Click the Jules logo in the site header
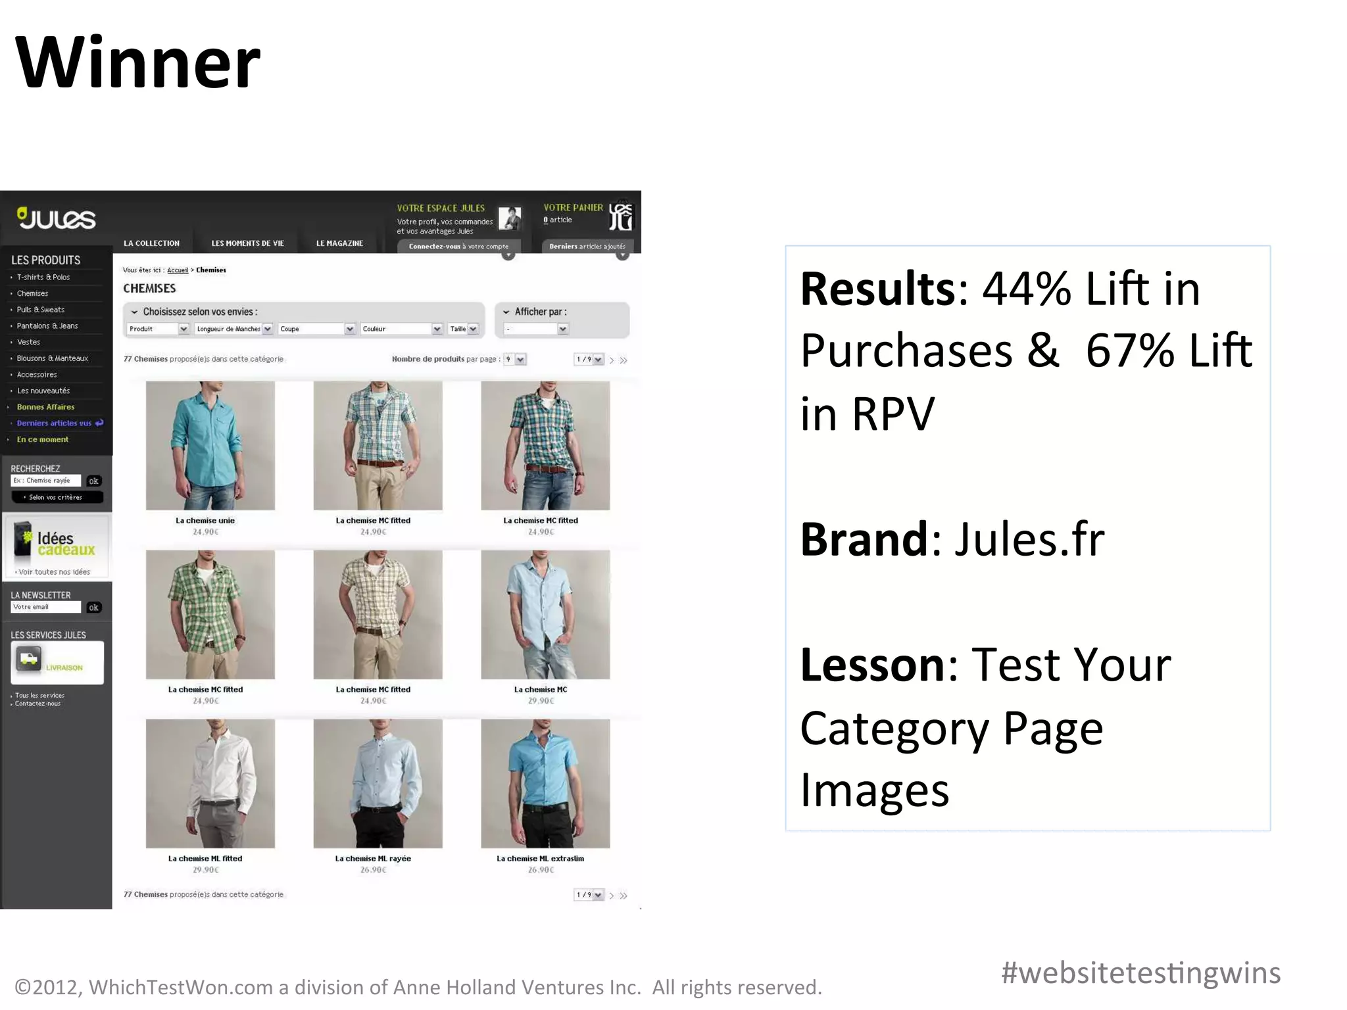coord(57,218)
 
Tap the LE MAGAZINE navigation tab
coord(339,243)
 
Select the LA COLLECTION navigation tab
coord(151,243)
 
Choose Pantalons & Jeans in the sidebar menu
coord(47,326)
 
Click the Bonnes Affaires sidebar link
coord(45,407)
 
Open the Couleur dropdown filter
coord(402,329)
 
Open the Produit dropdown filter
coord(159,329)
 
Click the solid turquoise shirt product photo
coord(210,445)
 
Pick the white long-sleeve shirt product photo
coord(210,783)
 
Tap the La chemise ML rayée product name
coord(373,858)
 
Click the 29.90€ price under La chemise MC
coord(541,701)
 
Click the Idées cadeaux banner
coord(57,546)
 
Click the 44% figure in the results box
coord(1027,289)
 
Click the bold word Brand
coord(864,539)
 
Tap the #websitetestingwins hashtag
coord(1140,973)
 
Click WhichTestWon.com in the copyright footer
coord(181,987)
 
